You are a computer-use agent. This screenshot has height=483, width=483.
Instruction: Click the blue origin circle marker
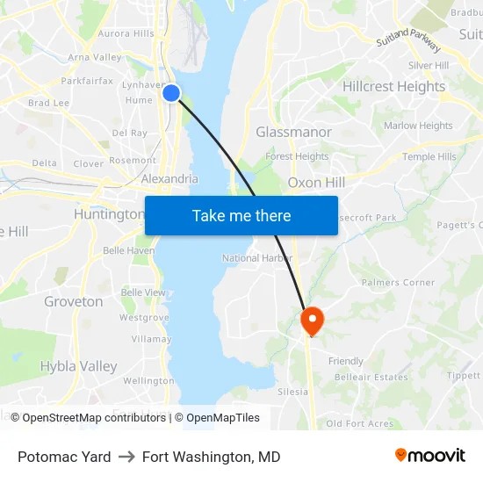coord(171,93)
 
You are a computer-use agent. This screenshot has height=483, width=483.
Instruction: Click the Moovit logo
coord(429,456)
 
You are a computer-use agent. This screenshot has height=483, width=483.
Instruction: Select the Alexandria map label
coord(169,179)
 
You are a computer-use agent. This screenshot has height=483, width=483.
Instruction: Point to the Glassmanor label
coord(293,132)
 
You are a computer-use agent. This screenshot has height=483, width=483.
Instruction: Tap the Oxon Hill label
coord(316,183)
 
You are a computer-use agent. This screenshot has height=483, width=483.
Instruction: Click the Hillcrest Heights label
coord(393,87)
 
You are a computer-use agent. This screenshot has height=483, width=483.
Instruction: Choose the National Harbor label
coord(257,258)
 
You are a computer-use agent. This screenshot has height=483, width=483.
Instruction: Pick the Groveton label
coord(74,301)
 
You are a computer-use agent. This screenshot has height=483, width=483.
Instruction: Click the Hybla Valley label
coord(78,366)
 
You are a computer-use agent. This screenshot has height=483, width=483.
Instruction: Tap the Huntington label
coord(109,214)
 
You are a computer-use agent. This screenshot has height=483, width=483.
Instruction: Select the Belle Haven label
coord(128,250)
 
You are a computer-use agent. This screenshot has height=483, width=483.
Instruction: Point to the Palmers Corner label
coord(398,283)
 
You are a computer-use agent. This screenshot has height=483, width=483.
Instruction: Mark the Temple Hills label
coord(429,157)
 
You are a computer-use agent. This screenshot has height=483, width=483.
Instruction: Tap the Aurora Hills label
coord(126,33)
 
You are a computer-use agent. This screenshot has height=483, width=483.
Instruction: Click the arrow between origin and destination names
coord(126,457)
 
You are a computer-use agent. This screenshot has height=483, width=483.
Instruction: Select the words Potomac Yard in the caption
coord(64,457)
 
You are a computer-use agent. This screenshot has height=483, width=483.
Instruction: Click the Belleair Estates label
coord(371,378)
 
